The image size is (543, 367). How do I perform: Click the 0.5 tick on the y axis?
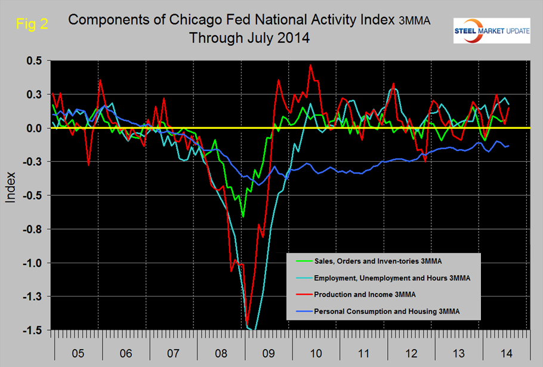[x=35, y=61]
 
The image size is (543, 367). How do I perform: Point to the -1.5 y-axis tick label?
[x=33, y=330]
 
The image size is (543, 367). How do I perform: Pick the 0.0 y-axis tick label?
[x=35, y=128]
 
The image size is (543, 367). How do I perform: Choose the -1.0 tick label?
[x=33, y=263]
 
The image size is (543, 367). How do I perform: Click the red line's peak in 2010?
[x=310, y=65]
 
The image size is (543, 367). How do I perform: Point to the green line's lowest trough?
[x=243, y=215]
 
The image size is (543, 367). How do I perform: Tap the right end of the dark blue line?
[x=508, y=146]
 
